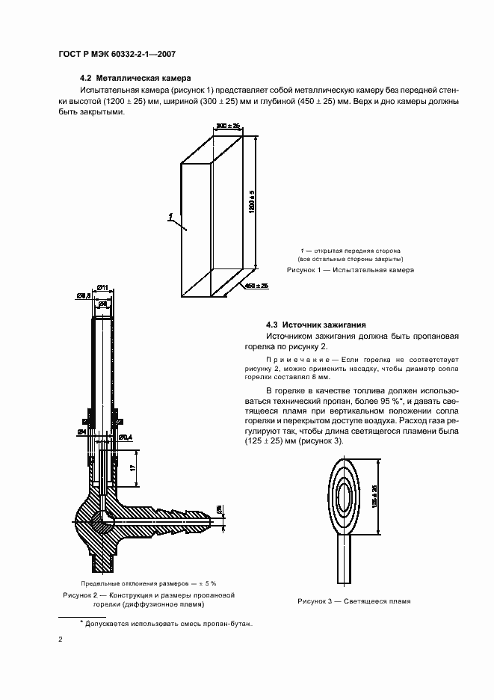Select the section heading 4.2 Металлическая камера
tap(135, 78)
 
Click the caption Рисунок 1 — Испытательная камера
tap(351, 269)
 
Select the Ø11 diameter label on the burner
tap(103, 288)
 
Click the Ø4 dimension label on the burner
tap(80, 432)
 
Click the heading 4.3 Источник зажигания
tap(315, 325)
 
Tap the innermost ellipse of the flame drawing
tap(347, 495)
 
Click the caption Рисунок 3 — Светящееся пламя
tap(354, 601)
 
